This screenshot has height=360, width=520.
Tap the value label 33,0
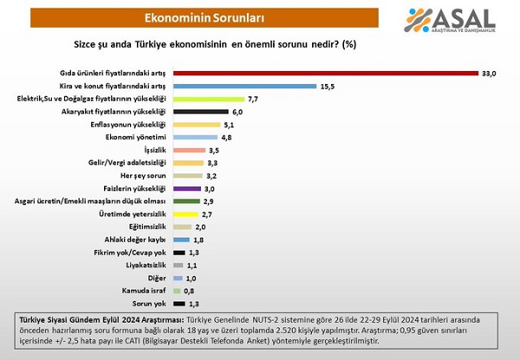tap(489, 74)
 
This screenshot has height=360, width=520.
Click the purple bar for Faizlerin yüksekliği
tap(186, 188)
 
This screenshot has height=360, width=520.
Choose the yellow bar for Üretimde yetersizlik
tap(185, 214)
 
